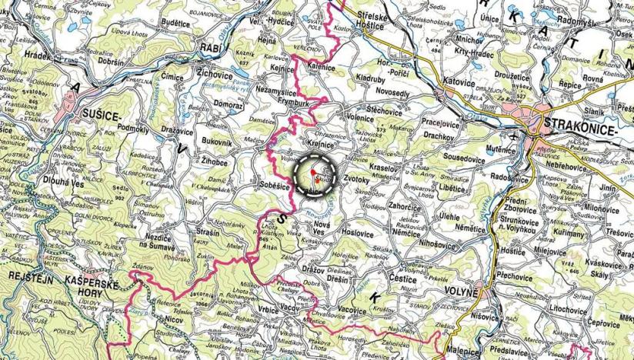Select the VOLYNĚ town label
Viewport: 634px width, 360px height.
tap(462, 292)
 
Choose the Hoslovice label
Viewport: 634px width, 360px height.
tap(357, 232)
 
